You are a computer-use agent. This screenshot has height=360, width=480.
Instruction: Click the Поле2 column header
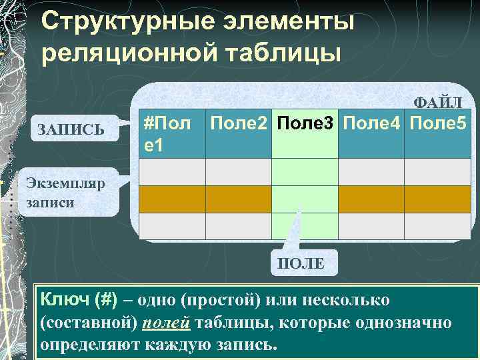pyautogui.click(x=239, y=123)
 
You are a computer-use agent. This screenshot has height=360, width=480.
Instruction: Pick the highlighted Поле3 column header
pyautogui.click(x=305, y=123)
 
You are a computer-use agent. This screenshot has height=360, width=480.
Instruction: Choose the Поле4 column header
pyautogui.click(x=372, y=123)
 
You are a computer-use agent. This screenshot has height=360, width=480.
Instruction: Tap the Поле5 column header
pyautogui.click(x=438, y=123)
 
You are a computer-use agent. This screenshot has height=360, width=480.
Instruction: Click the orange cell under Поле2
pyautogui.click(x=239, y=199)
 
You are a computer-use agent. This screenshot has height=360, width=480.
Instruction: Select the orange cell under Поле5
pyautogui.click(x=438, y=199)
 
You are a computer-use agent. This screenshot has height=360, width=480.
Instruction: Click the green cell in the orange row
pyautogui.click(x=305, y=199)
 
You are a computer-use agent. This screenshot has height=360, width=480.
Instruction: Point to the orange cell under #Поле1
pyautogui.click(x=172, y=199)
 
